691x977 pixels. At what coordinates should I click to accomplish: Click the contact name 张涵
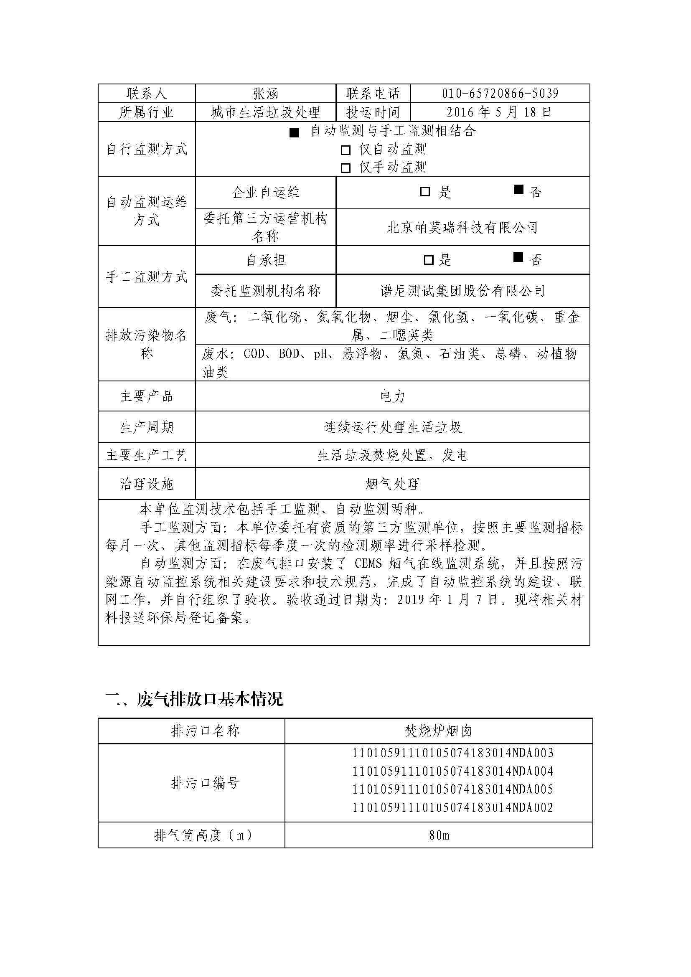[x=266, y=94]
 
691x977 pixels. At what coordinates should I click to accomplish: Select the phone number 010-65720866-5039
[x=500, y=94]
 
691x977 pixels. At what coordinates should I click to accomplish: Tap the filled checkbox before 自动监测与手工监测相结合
[x=294, y=132]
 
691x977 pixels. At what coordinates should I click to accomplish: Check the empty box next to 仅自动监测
[x=345, y=150]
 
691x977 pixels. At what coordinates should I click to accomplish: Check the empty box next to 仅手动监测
[x=345, y=168]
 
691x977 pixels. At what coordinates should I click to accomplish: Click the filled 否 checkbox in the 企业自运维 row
[x=518, y=190]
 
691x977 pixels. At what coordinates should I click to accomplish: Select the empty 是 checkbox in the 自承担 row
[x=429, y=260]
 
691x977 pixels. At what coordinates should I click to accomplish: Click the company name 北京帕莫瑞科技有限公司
[x=462, y=228]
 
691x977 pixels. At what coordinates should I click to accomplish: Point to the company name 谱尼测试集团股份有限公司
[x=462, y=291]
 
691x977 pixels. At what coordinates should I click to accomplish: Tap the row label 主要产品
[x=146, y=396]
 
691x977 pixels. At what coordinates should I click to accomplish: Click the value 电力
[x=392, y=396]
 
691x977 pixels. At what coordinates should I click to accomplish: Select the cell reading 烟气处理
[x=392, y=484]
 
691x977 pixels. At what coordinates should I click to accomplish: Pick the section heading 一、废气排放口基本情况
[x=194, y=699]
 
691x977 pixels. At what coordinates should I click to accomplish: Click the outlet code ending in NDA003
[x=453, y=753]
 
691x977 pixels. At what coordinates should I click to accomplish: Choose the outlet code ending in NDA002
[x=453, y=808]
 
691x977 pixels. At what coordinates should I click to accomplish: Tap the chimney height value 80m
[x=439, y=835]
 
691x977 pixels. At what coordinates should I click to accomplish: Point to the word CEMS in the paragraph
[x=368, y=564]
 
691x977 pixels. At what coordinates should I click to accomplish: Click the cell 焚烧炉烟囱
[x=438, y=731]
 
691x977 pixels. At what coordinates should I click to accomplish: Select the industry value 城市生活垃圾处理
[x=266, y=112]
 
